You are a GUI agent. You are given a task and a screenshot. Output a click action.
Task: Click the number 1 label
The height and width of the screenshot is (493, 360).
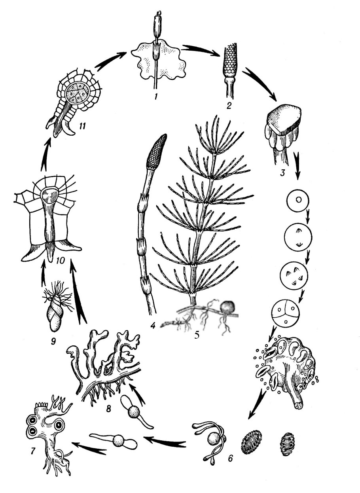[x=156, y=96]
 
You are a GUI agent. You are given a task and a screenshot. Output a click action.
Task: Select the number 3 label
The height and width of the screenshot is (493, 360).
[x=282, y=173]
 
